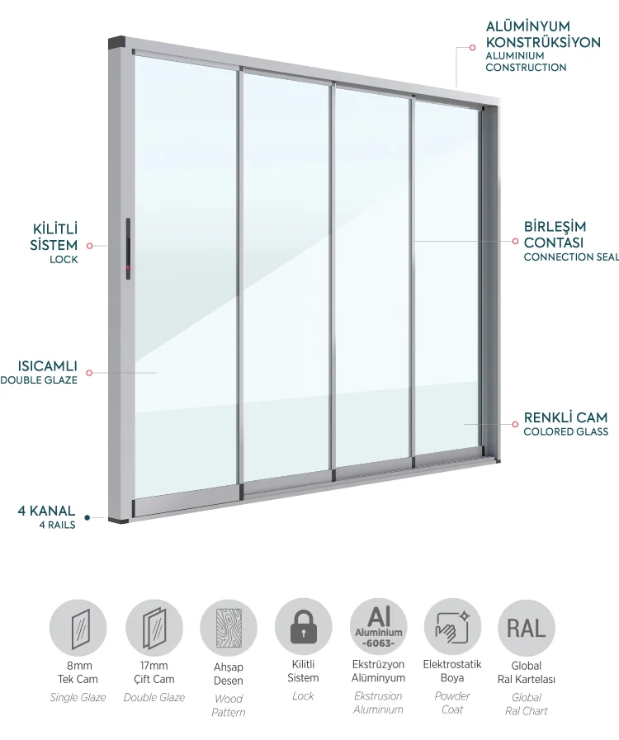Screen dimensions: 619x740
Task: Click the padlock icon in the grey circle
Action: (303, 626)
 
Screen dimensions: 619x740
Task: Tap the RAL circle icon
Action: (526, 628)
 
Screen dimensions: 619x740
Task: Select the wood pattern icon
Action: (229, 628)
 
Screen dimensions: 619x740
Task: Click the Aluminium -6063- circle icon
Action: (378, 627)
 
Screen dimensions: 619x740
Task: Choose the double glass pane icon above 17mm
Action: (154, 628)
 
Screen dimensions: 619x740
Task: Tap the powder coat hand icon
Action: (452, 627)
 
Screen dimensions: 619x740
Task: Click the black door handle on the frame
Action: (128, 248)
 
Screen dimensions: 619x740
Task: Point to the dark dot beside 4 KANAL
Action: (87, 518)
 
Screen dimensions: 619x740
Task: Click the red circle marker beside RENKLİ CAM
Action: (515, 424)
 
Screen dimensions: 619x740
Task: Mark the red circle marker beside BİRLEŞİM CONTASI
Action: (515, 241)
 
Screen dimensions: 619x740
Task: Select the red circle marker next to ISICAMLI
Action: (89, 373)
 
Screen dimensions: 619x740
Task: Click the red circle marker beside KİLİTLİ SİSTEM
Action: (89, 245)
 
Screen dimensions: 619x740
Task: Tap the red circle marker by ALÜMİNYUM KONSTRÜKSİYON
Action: (472, 48)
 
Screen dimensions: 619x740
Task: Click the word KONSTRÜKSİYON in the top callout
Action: (543, 42)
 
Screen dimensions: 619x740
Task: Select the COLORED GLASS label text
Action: (565, 431)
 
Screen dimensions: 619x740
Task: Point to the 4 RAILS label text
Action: (58, 525)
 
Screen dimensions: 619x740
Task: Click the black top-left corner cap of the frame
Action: (116, 43)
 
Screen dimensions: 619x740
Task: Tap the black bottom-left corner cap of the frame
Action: (118, 520)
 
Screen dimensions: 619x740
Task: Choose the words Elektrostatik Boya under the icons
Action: (452, 671)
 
